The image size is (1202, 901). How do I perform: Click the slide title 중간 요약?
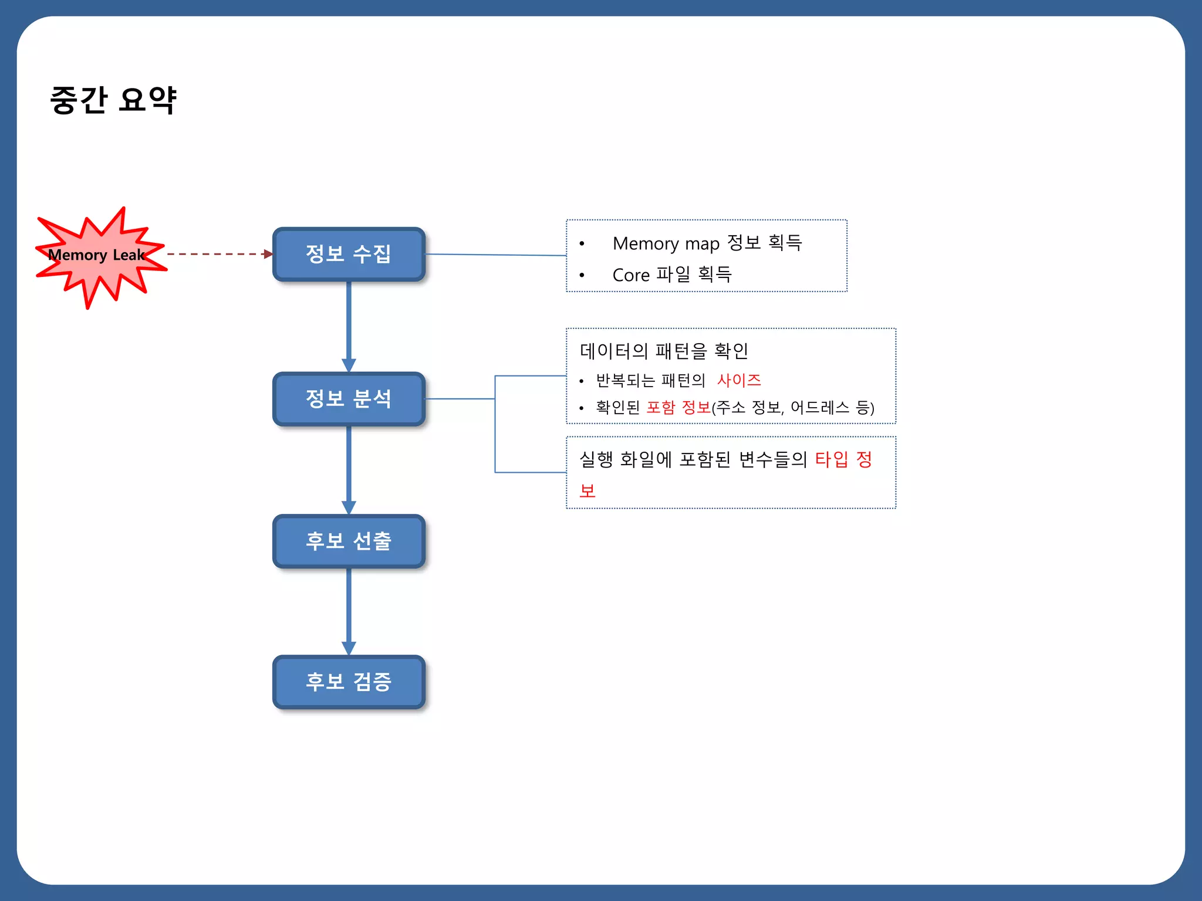(x=113, y=100)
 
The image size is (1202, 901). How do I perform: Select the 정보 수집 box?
(x=349, y=254)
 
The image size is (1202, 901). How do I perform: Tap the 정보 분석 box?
(x=349, y=399)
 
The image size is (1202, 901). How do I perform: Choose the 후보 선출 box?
(x=349, y=541)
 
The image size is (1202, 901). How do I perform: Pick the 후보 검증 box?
(x=349, y=682)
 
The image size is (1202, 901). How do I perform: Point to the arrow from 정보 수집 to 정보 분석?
(x=349, y=326)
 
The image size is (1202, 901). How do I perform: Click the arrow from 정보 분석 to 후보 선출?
(x=349, y=469)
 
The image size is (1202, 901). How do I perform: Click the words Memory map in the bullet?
(x=666, y=243)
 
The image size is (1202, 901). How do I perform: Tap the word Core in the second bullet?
(x=630, y=275)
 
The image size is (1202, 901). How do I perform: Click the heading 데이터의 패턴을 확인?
(x=663, y=351)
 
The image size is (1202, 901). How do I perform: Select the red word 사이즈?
(x=738, y=380)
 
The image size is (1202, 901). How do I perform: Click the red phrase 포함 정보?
(x=678, y=407)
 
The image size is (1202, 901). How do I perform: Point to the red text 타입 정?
(x=843, y=459)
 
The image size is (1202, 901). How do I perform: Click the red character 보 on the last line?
(x=588, y=490)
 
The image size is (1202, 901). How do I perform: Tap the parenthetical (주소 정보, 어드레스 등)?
(x=793, y=407)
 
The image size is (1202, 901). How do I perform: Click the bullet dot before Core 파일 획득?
(x=582, y=275)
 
